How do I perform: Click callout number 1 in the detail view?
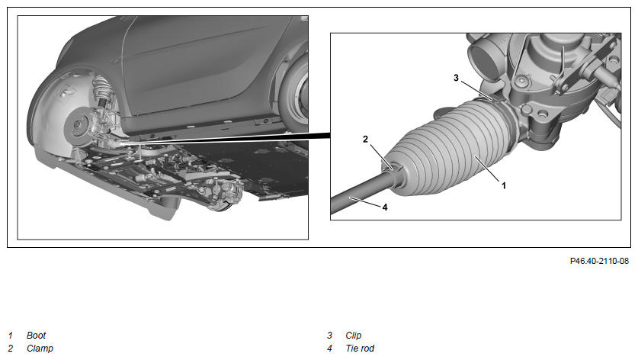(504, 185)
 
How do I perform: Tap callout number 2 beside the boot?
(365, 140)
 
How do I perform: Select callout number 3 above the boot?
(456, 77)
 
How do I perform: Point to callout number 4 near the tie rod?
(385, 207)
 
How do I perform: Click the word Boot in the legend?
(37, 336)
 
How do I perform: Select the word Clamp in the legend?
(40, 349)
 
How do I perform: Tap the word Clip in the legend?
(353, 336)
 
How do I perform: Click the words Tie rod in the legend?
(360, 349)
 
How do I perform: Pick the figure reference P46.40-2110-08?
(599, 261)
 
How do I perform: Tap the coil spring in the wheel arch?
(101, 92)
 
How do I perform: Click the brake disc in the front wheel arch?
(77, 127)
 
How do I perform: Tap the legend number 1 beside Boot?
(10, 336)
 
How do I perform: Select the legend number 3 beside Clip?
(329, 336)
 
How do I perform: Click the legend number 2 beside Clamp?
(10, 349)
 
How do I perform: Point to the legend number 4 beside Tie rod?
(329, 349)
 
